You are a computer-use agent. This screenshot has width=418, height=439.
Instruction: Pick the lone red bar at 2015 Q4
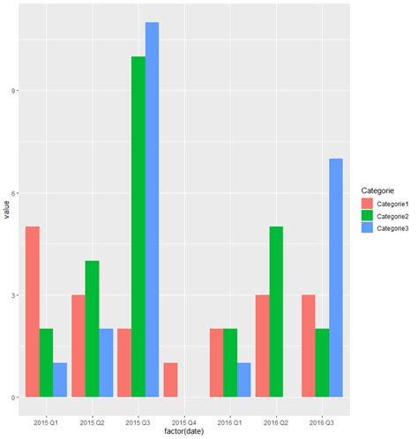click(x=170, y=380)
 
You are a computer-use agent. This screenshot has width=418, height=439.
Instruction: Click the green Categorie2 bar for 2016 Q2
click(x=276, y=312)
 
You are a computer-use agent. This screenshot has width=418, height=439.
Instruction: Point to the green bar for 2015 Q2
click(x=93, y=329)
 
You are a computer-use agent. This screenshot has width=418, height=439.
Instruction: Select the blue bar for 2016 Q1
click(x=244, y=380)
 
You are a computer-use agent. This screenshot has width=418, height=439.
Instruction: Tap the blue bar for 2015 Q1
click(x=60, y=380)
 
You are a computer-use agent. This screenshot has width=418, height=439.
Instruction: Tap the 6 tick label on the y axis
click(x=18, y=193)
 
